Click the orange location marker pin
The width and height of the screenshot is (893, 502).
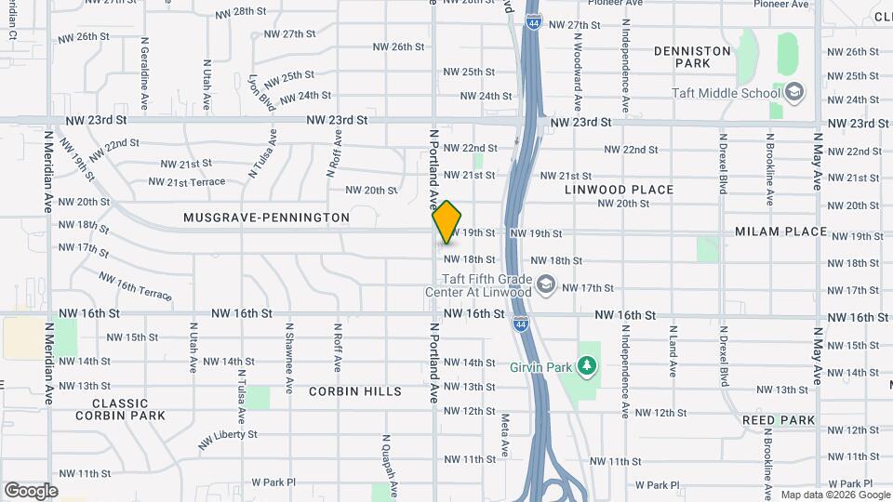(446, 221)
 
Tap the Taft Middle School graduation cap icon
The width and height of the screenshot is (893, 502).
(793, 92)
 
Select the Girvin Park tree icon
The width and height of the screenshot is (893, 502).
(586, 367)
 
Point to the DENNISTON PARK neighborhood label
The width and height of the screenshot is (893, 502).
(692, 57)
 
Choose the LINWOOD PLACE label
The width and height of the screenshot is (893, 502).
(619, 190)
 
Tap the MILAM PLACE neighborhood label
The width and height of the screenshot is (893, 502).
(780, 231)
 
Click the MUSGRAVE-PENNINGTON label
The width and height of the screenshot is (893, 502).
(266, 218)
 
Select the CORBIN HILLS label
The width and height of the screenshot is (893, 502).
(356, 391)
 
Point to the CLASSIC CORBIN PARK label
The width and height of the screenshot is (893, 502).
(120, 409)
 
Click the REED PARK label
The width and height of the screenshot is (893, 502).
(779, 420)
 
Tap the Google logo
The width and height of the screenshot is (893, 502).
(31, 490)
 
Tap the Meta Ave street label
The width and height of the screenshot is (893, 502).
(505, 435)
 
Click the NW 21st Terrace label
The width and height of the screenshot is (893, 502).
(187, 181)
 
